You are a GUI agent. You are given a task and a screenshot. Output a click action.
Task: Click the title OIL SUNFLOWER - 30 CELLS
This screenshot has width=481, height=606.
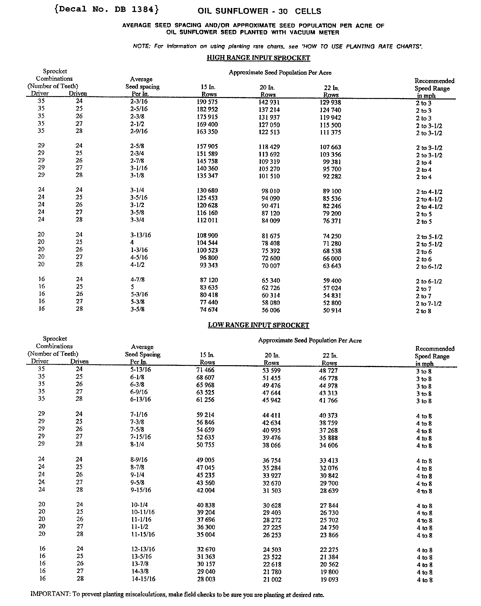pos(259,11)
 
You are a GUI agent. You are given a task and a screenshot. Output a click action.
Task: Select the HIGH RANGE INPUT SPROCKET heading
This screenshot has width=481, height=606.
pos(258,58)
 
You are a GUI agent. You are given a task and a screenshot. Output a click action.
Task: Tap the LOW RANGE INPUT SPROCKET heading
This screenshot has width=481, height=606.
pos(258,325)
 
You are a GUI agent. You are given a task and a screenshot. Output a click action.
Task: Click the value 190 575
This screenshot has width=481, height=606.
pos(207,102)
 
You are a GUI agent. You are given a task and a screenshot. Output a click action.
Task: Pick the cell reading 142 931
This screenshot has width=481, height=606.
pos(269,102)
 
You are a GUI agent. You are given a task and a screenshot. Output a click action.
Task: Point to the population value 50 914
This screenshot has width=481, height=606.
pos(332,310)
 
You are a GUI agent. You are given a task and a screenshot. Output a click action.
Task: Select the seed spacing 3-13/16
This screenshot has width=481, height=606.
pos(140,235)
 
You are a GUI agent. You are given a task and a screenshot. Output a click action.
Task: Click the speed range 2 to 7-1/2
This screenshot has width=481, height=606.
pos(429,304)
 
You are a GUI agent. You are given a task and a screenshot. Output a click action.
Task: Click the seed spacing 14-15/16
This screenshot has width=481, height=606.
pos(143,579)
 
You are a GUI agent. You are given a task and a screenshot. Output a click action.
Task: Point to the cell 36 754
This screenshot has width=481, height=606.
pos(272,460)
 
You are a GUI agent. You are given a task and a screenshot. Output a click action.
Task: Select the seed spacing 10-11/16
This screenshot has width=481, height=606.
pos(143,512)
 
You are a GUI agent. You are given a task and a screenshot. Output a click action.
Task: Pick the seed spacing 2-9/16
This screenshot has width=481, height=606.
pos(139,131)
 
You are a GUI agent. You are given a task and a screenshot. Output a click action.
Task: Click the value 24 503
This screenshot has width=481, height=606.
pos(272,550)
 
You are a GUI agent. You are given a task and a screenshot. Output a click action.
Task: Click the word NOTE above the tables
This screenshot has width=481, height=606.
pos(141,46)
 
